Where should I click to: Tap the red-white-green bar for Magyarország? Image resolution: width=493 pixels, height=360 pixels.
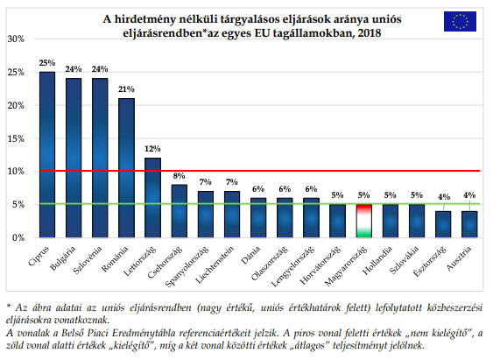(x=364, y=221)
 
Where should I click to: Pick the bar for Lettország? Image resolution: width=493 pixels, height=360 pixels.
(x=153, y=197)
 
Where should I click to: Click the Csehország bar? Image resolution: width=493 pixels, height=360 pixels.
(x=180, y=210)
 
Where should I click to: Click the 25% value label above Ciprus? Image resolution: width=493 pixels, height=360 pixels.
(x=47, y=63)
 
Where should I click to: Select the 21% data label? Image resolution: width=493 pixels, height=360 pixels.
(x=127, y=89)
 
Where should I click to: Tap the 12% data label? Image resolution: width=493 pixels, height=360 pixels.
(x=153, y=149)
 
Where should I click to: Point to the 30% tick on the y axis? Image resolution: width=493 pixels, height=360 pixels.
(x=15, y=39)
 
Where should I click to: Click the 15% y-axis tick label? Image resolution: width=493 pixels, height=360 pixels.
(x=15, y=138)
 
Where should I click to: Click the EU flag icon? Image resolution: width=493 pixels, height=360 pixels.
(x=461, y=22)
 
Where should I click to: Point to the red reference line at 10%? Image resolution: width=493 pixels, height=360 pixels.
(x=263, y=171)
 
